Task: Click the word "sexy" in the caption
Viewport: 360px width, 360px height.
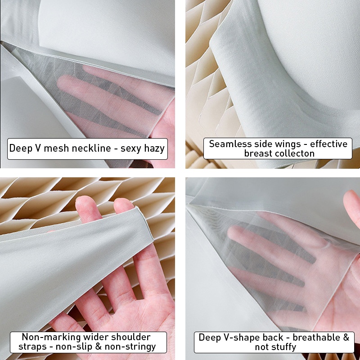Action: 130,149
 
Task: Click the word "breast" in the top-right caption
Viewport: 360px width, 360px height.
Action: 255,153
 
